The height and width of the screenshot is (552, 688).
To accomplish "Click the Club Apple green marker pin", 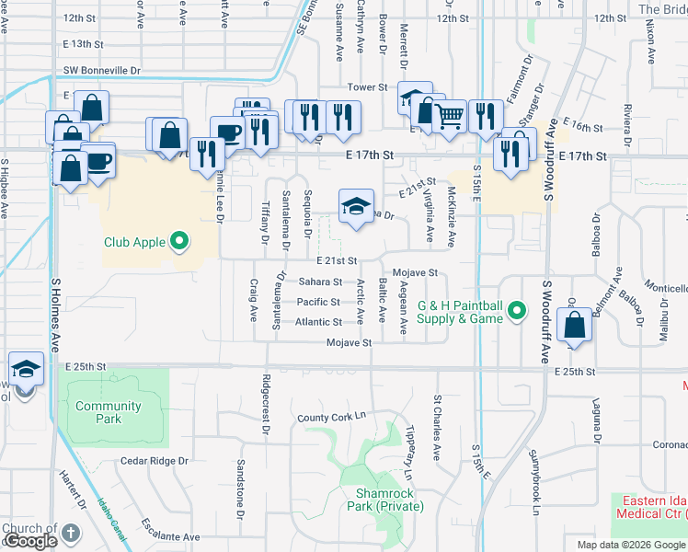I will [180, 243].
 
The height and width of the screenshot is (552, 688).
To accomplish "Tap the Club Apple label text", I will [134, 243].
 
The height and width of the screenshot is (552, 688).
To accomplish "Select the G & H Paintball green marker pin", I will [518, 312].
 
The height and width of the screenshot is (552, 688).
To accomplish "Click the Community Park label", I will [109, 412].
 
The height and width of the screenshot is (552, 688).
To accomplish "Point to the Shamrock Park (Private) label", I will [390, 500].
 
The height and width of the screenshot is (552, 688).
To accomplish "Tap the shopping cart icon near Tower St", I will [449, 117].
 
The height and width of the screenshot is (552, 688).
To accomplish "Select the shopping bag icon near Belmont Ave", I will [575, 326].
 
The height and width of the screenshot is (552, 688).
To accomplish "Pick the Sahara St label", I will [320, 282].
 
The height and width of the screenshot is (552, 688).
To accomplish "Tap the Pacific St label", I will [319, 302].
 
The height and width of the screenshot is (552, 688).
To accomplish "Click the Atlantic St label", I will [319, 322].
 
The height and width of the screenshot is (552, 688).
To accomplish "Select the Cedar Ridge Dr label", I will [155, 460].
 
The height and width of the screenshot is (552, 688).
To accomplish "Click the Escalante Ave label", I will [171, 536].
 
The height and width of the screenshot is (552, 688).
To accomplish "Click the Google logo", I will [31, 542].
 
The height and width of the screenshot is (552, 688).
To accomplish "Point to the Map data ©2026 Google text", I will [632, 545].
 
